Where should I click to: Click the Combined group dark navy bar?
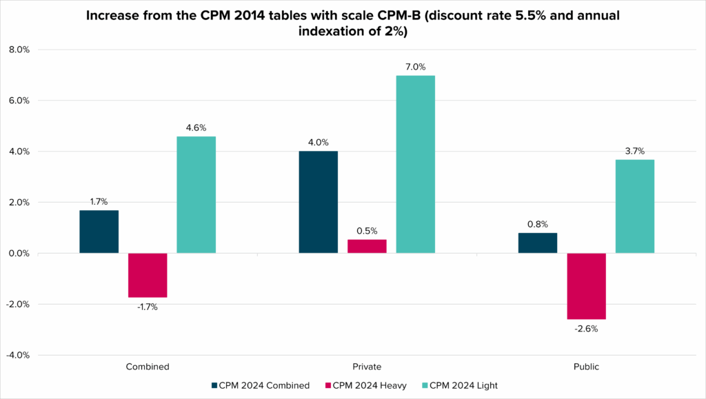coord(99,232)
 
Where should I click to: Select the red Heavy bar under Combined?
coord(148,275)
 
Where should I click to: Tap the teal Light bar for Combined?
coord(196,194)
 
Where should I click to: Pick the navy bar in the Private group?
coord(318,202)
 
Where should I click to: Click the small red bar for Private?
coord(367,246)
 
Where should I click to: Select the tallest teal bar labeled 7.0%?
coord(416,164)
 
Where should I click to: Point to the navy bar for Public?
coord(537,243)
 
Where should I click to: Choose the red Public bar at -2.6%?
coord(586,286)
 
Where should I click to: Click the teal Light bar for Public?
coord(635,206)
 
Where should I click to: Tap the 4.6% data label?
coord(196,127)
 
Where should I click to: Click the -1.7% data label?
coord(148,307)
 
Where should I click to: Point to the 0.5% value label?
coord(367,231)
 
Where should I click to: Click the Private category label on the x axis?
coord(367,367)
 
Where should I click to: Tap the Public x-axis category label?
coord(586,367)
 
